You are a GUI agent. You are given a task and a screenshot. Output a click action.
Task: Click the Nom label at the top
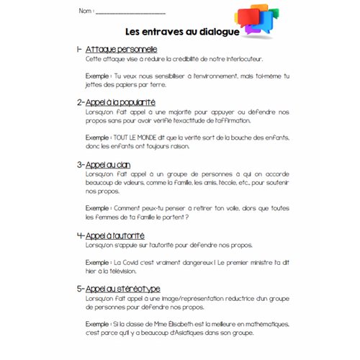84,12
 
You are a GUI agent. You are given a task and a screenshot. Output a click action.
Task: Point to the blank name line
130,13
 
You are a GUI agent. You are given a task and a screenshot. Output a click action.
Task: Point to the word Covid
131,264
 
